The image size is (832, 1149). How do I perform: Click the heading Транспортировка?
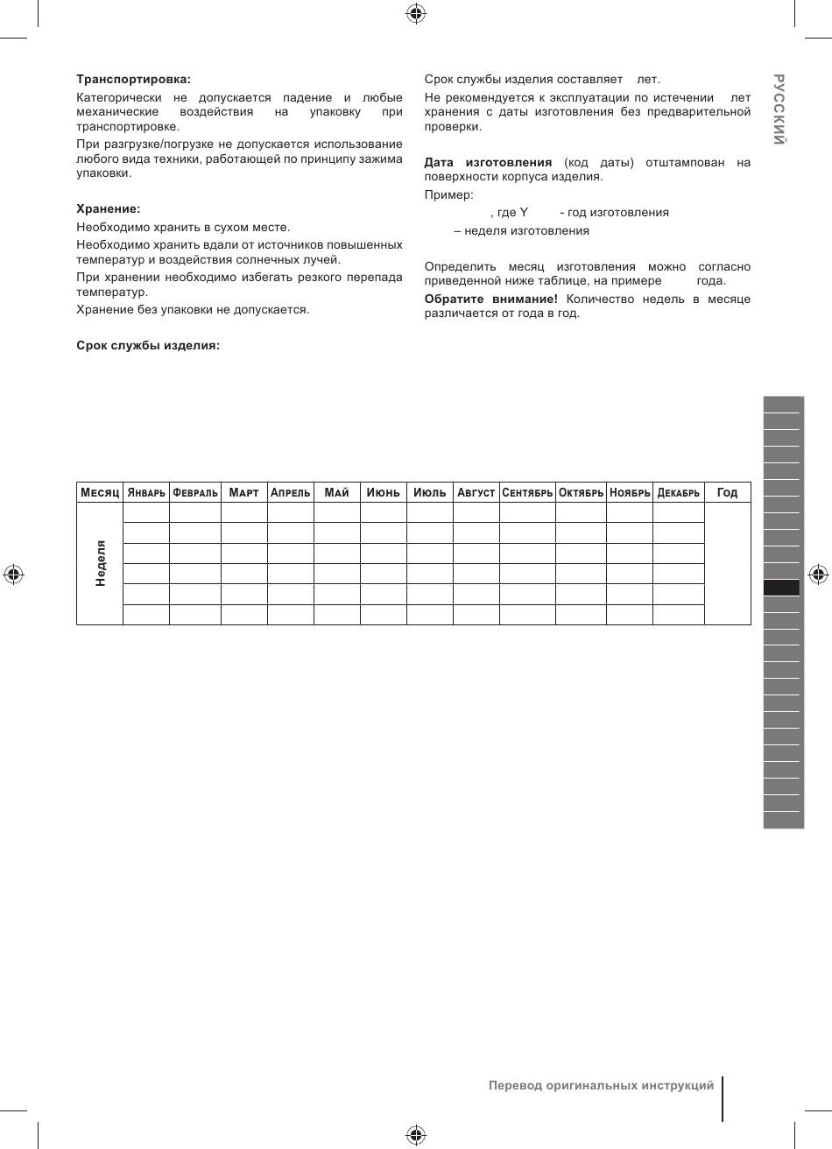[133, 79]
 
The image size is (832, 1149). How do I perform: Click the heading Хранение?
[109, 208]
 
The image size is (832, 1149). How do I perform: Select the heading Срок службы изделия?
[148, 345]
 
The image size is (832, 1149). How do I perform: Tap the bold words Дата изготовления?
[488, 162]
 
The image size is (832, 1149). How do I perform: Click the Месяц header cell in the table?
[100, 492]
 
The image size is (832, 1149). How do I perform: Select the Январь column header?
[146, 492]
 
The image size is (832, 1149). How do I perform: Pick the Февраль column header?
[195, 492]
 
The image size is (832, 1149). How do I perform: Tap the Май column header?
[336, 492]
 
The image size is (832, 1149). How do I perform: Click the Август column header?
[476, 492]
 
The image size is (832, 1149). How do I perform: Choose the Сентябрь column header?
[527, 492]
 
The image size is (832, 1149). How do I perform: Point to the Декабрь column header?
[679, 492]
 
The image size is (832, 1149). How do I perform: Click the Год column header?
[727, 492]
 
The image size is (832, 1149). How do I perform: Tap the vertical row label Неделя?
[101, 562]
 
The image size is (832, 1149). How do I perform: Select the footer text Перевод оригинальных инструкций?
[601, 1085]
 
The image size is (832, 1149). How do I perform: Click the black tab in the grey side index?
[782, 588]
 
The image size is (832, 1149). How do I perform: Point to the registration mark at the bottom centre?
[416, 1135]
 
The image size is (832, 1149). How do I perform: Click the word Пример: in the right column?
[448, 194]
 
